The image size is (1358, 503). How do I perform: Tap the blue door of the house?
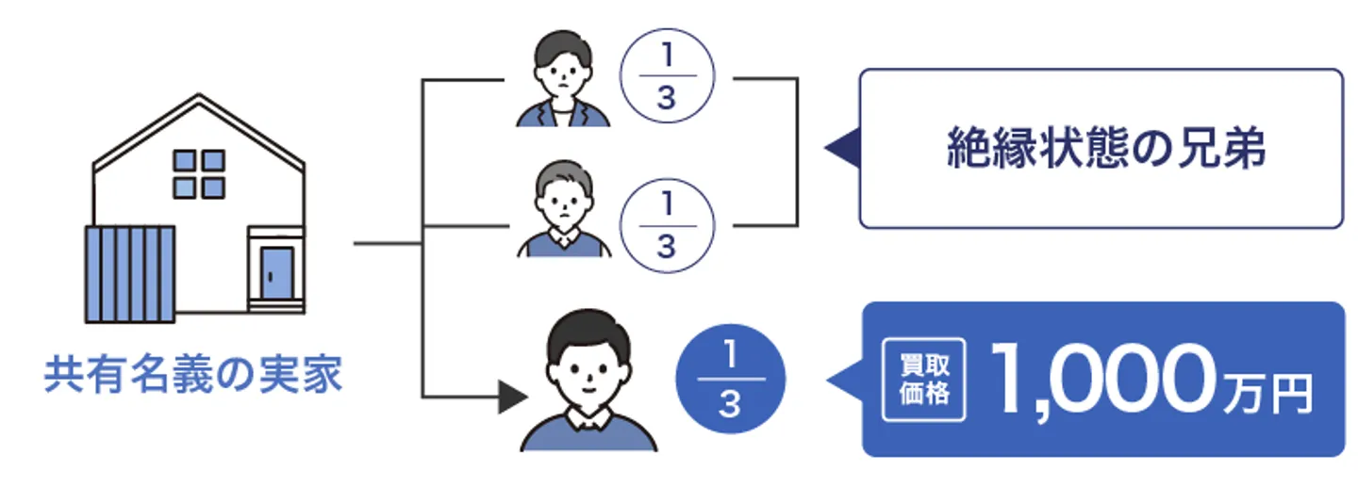pyautogui.click(x=276, y=272)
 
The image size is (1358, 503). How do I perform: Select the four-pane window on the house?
pyautogui.click(x=199, y=173)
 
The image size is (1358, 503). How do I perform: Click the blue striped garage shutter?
pyautogui.click(x=130, y=273)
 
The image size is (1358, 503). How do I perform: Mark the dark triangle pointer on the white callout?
pyautogui.click(x=842, y=148)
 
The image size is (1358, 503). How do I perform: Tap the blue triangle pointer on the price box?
pyautogui.click(x=846, y=381)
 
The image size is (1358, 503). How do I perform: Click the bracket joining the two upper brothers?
pyautogui.click(x=796, y=151)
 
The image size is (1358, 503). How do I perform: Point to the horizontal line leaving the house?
pyautogui.click(x=387, y=245)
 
